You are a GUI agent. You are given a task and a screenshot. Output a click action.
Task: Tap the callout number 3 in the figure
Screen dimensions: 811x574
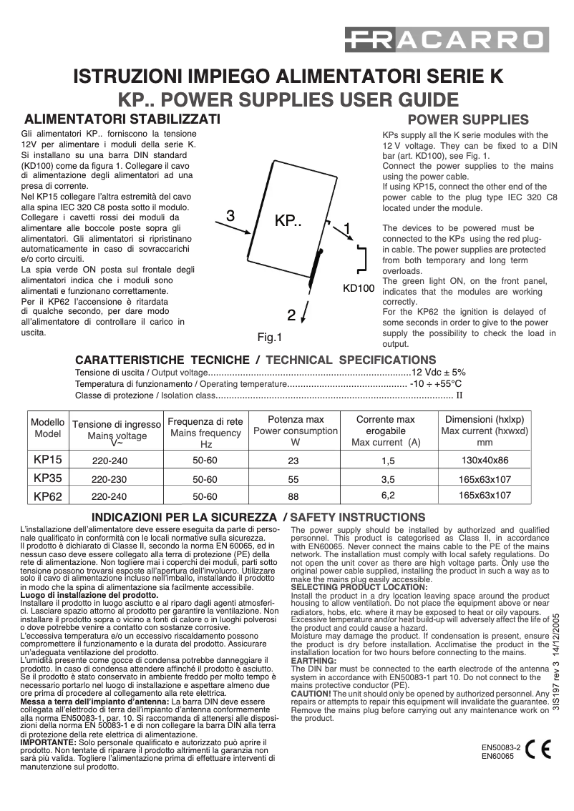coord(230,215)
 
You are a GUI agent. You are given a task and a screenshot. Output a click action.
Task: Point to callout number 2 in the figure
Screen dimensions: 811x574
coord(291,314)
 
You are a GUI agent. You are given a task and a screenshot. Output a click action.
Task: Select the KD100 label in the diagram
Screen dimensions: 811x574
coord(359,290)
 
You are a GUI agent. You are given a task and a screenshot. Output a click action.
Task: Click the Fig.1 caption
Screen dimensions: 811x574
coord(271,337)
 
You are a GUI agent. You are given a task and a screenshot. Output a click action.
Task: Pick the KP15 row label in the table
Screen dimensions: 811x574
coord(48,460)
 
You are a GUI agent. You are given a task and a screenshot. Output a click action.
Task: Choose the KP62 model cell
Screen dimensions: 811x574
coord(48,495)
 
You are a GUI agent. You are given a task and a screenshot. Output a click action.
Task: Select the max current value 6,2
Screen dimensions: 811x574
coord(388,494)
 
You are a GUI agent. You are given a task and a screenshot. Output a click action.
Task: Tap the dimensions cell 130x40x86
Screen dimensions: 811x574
coord(485,460)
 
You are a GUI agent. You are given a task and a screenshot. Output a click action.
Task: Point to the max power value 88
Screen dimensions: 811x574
coord(293,495)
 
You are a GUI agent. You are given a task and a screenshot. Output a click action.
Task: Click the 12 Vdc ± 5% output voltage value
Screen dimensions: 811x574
coord(438,372)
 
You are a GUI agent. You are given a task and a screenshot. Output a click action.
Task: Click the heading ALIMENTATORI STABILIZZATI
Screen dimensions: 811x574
coord(122,119)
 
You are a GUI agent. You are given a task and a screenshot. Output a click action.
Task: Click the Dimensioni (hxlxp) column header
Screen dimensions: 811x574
coord(485,419)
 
